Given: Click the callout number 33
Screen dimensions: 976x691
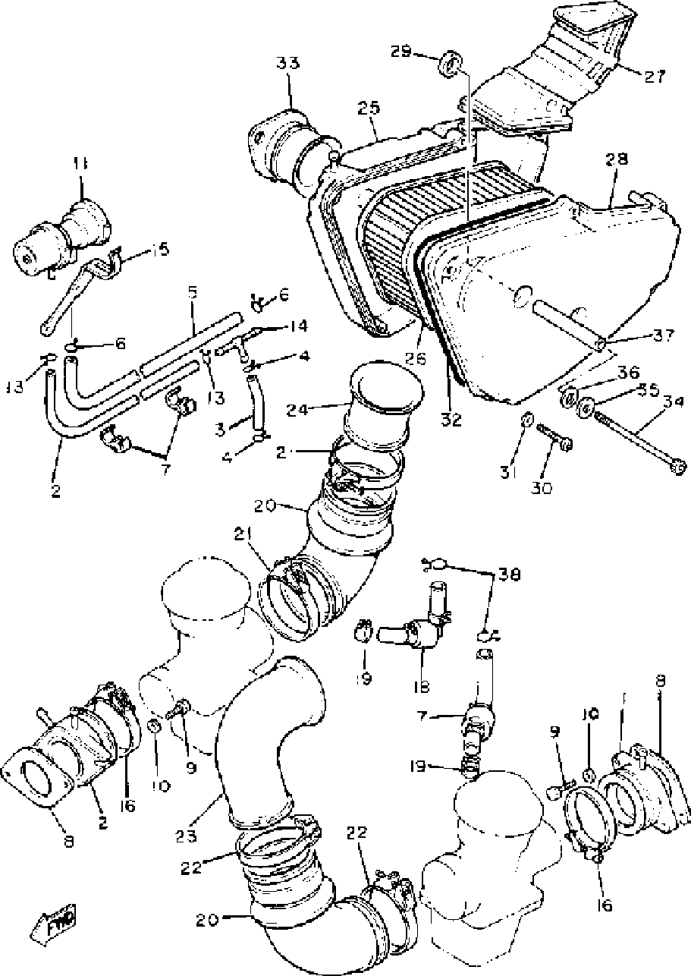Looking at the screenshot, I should click(x=287, y=65).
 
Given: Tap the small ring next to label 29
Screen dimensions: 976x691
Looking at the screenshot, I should click(x=451, y=63).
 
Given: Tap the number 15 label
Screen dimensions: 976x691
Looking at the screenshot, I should click(x=160, y=250).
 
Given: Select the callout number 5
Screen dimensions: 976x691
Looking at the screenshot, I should click(x=193, y=291).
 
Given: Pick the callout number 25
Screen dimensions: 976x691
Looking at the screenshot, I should click(x=369, y=110).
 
